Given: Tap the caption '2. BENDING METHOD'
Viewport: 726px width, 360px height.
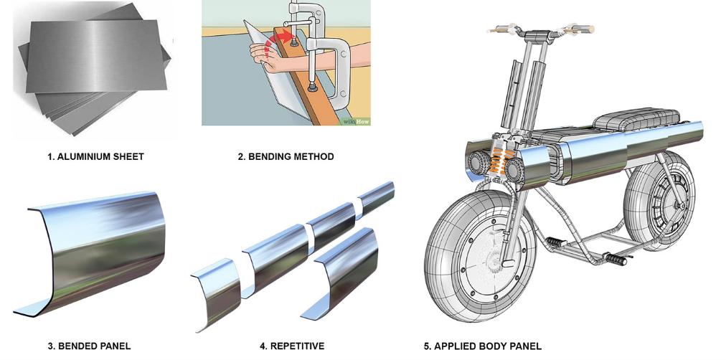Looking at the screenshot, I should [x=286, y=156].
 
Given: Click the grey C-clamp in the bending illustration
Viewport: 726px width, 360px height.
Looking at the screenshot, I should [x=326, y=50].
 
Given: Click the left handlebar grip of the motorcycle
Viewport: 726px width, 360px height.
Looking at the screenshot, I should [x=499, y=30].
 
